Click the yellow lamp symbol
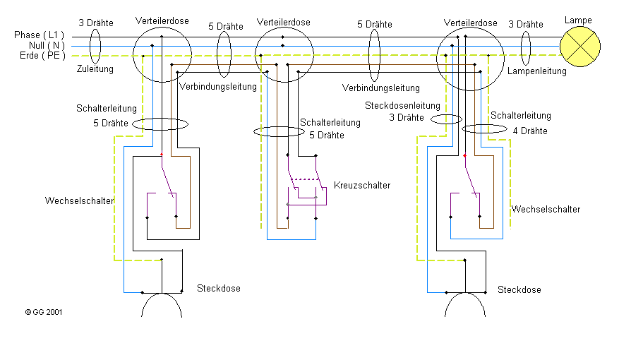[580, 47]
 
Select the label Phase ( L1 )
[39, 35]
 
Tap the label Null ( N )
[47, 45]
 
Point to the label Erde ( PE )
[42, 56]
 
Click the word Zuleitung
[95, 69]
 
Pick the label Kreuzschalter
[362, 185]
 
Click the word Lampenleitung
[537, 71]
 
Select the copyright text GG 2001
[44, 312]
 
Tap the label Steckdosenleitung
[402, 106]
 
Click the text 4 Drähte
[530, 131]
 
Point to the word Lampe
[578, 20]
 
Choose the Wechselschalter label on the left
[79, 200]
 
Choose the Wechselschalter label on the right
[546, 209]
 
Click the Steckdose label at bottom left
[219, 289]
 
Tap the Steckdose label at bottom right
[519, 289]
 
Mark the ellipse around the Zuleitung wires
[95, 46]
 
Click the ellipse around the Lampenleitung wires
[525, 48]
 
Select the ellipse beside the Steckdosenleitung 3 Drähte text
[446, 119]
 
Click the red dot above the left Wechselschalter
[162, 154]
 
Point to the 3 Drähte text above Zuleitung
[96, 23]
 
